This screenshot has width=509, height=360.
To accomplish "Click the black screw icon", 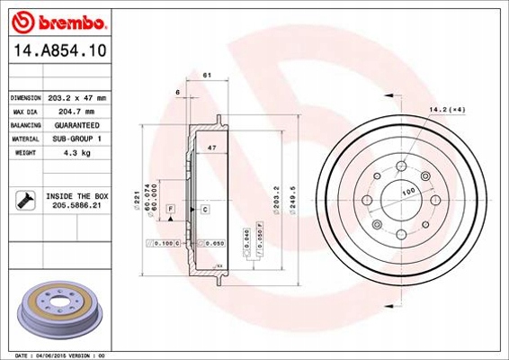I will [x=23, y=199].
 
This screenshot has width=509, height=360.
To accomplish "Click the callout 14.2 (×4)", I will [x=446, y=109].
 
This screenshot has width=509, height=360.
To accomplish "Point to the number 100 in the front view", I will [x=409, y=192].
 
